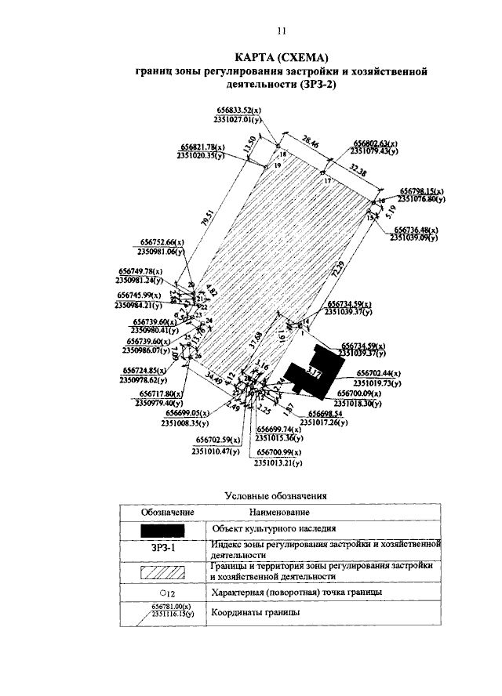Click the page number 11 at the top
pos(281,31)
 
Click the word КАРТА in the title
pos(260,57)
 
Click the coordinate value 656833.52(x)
pos(238,111)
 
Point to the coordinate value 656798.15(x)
pos(422,191)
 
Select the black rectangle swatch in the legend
pos(163,531)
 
